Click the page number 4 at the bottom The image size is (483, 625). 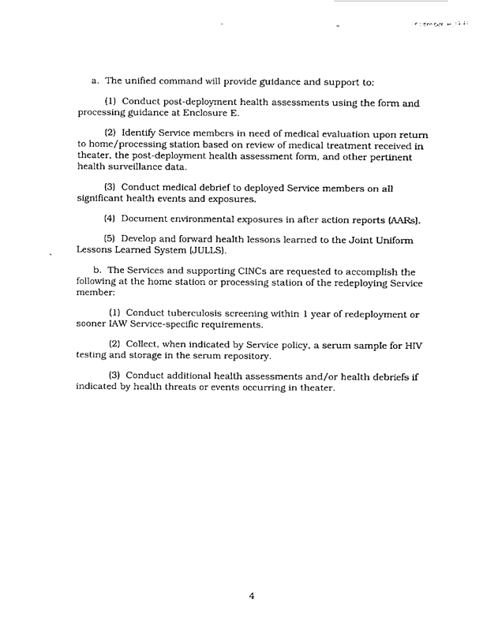251,597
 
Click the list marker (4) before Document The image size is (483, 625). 110,217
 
